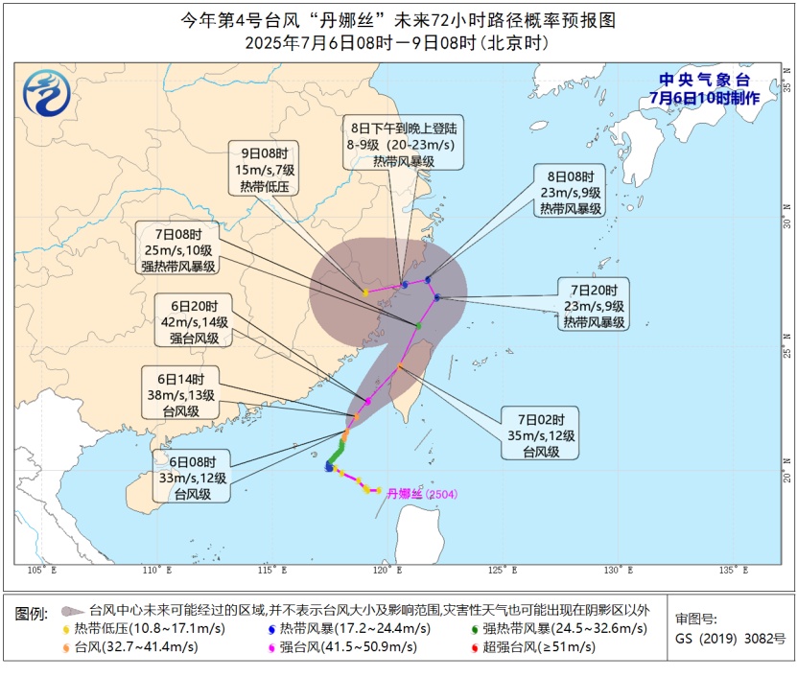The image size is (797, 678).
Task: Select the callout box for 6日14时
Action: [x=179, y=390]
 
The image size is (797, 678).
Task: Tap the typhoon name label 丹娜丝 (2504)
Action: [x=422, y=495]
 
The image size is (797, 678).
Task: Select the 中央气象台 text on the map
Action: [x=704, y=81]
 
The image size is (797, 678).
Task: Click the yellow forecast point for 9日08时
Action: [x=365, y=292]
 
